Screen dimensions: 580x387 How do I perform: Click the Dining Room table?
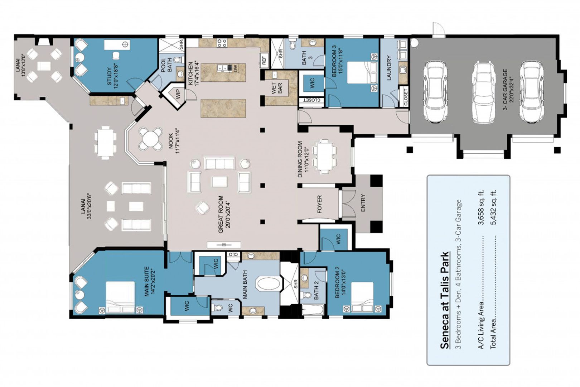coord(324,156)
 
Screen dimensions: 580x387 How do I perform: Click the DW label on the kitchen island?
coord(235,68)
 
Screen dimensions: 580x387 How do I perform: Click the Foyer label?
coord(319,204)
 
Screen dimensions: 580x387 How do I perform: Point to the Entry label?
coord(363,203)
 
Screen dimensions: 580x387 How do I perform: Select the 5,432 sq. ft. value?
coord(493,207)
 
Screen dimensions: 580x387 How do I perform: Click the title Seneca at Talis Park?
coord(444,300)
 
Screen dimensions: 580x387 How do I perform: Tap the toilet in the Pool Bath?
coord(178,60)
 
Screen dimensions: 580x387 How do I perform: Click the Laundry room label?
coord(389,68)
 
